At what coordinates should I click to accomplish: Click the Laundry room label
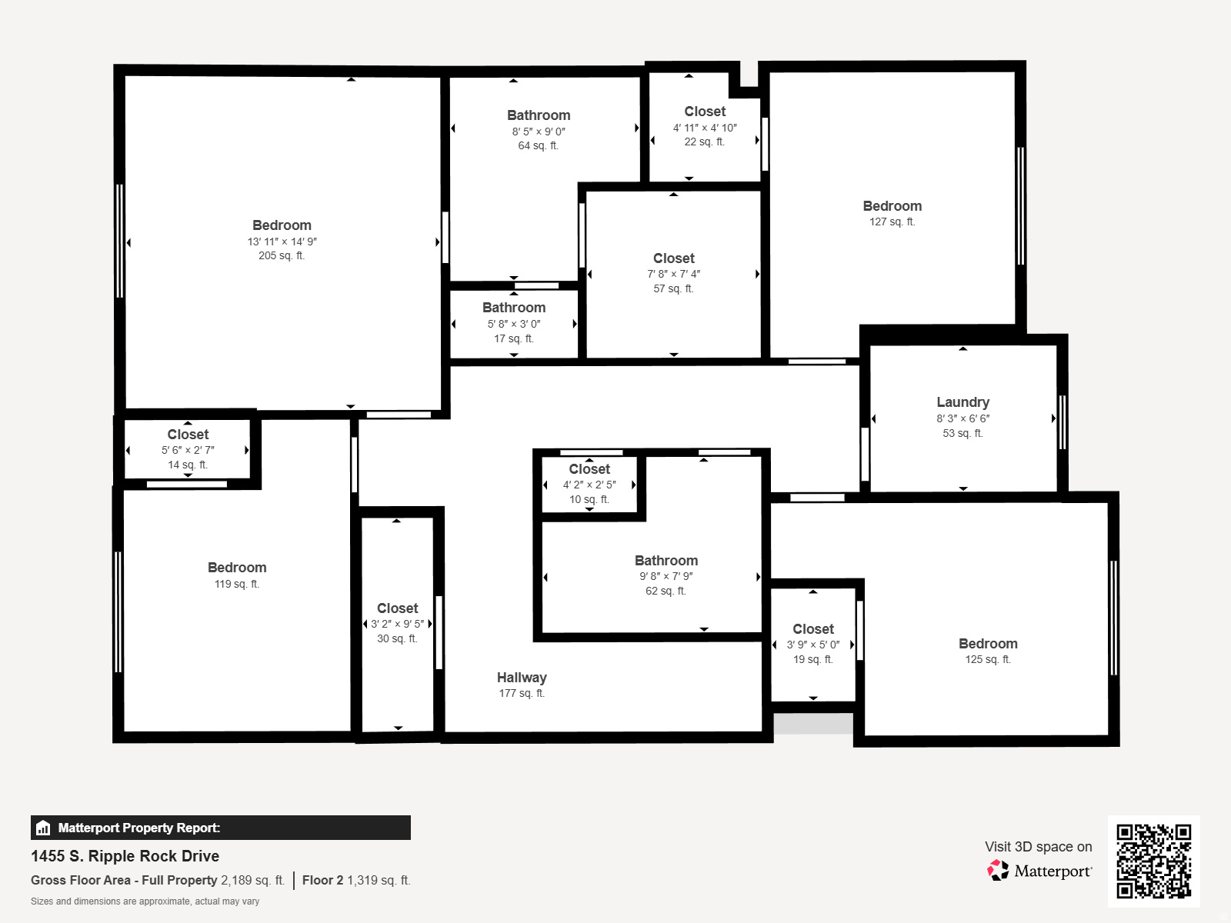(962, 402)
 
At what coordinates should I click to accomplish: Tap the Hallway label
(522, 678)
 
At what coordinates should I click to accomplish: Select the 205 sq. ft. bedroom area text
(282, 256)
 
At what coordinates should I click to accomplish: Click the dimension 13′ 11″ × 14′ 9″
(282, 242)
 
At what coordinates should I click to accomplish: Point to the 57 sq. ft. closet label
(673, 258)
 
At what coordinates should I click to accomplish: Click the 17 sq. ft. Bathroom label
(514, 308)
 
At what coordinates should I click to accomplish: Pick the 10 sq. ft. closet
(589, 469)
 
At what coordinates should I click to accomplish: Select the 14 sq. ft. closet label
(188, 435)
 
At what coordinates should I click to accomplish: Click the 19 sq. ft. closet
(813, 629)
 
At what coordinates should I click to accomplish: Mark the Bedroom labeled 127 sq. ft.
(892, 206)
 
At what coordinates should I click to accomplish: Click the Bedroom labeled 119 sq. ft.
(237, 568)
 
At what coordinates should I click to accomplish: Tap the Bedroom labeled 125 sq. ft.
(988, 644)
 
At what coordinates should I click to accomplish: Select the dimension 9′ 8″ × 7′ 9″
(666, 576)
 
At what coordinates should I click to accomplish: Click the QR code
(1153, 861)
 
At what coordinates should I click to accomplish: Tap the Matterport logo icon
(998, 871)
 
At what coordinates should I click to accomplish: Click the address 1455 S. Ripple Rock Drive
(125, 856)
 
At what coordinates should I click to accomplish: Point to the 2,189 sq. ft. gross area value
(252, 880)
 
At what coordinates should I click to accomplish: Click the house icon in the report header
(43, 828)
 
